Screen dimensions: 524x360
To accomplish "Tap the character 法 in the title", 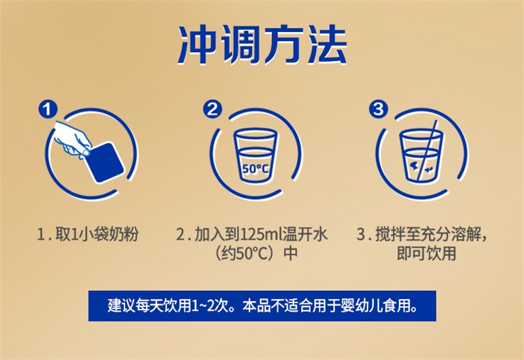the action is [x=325, y=45].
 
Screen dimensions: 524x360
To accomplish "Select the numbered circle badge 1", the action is [x=48, y=108].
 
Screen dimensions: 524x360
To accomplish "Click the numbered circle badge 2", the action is [x=212, y=108].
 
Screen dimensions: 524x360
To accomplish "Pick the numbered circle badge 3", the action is [x=378, y=108].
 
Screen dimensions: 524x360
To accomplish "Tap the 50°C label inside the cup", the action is [x=255, y=168].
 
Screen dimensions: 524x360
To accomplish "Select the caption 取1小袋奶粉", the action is [x=97, y=234].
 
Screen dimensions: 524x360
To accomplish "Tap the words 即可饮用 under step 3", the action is [x=426, y=253].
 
